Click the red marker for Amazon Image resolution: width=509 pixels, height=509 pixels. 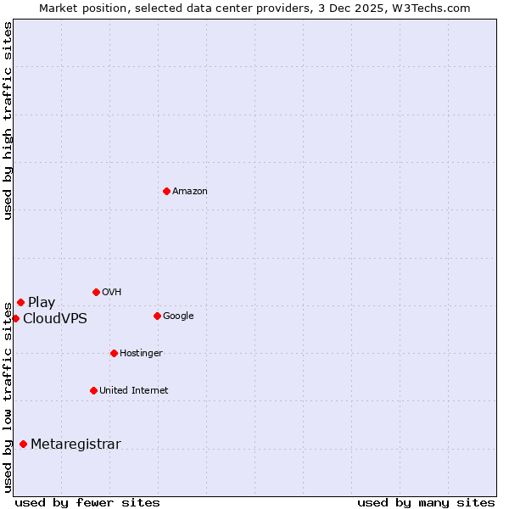pyautogui.click(x=166, y=191)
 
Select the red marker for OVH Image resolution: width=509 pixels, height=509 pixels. pyautogui.click(x=96, y=292)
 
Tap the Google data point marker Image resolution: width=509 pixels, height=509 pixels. pyautogui.click(x=157, y=316)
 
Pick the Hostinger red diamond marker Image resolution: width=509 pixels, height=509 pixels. pyautogui.click(x=114, y=353)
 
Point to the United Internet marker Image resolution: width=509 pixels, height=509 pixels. pyautogui.click(x=93, y=390)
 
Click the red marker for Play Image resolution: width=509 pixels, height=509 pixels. pyautogui.click(x=20, y=302)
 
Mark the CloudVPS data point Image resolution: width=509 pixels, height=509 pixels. pyautogui.click(x=15, y=318)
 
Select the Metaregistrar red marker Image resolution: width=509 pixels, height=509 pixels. pyautogui.click(x=23, y=444)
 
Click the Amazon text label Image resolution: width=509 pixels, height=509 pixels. pyautogui.click(x=190, y=192)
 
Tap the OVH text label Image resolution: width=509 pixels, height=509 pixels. pyautogui.click(x=112, y=293)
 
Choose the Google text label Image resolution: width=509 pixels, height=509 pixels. pyautogui.click(x=178, y=316)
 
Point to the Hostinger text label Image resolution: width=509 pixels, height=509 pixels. pyautogui.click(x=141, y=354)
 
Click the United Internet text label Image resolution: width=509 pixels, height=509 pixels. pyautogui.click(x=134, y=391)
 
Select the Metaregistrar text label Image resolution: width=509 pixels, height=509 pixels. pyautogui.click(x=76, y=445)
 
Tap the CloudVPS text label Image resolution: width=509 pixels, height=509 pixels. pyautogui.click(x=55, y=319)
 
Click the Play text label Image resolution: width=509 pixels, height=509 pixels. pyautogui.click(x=42, y=303)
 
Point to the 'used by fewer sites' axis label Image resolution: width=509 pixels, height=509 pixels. pyautogui.click(x=87, y=502)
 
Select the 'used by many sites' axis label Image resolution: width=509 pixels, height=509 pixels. pyautogui.click(x=426, y=502)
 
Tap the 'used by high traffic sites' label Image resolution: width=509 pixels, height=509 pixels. pyautogui.click(x=8, y=120)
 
